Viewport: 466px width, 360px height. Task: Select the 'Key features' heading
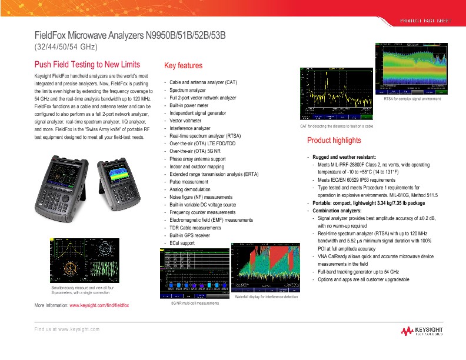(x=183, y=66)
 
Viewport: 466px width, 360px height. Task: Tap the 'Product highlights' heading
(x=334, y=141)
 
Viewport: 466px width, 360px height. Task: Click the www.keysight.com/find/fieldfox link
(x=99, y=306)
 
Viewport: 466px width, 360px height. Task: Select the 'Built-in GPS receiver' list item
(x=189, y=235)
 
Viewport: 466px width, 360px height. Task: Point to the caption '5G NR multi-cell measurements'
(x=194, y=303)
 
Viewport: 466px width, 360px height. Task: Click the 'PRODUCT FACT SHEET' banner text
(x=425, y=21)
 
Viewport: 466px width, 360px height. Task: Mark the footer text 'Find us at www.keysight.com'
(x=66, y=329)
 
